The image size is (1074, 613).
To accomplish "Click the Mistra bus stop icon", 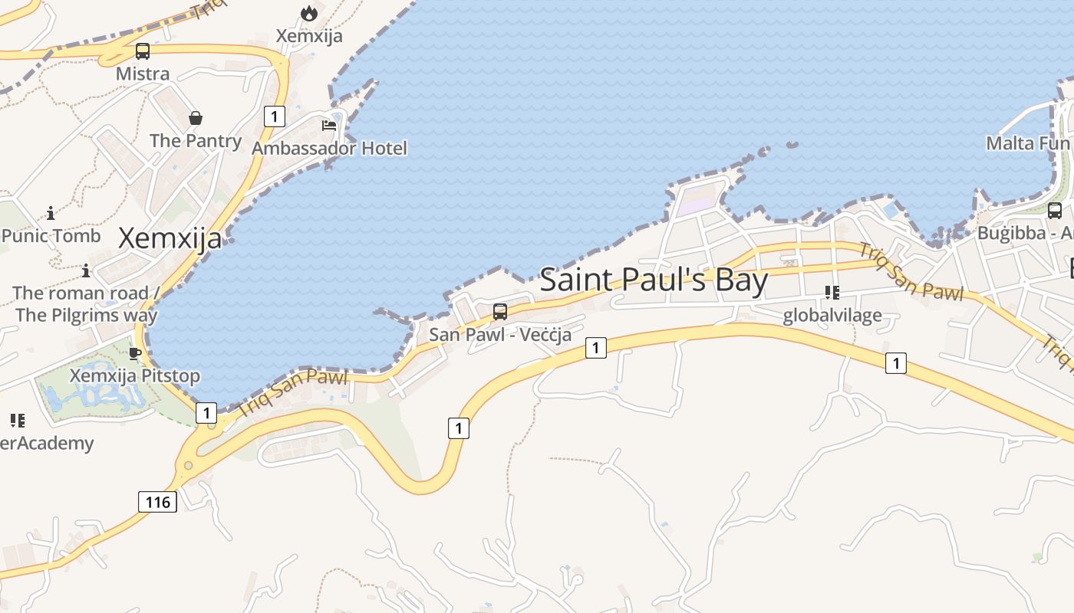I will [x=143, y=51].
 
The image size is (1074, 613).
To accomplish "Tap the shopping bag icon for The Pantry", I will [x=196, y=118].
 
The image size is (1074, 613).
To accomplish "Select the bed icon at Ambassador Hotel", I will [x=329, y=126].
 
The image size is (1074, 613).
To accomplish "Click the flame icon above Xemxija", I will [x=309, y=13].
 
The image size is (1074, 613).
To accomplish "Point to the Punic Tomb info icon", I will [x=51, y=213].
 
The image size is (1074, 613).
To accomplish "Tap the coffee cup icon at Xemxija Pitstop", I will [x=135, y=353].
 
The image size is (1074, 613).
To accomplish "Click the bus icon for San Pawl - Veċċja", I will [x=500, y=311].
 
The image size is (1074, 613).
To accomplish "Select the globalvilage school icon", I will [x=832, y=293].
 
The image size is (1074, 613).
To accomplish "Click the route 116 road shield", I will [x=158, y=502].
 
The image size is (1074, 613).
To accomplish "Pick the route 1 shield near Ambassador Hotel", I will [x=274, y=116].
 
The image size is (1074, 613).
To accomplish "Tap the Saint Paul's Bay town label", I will [x=654, y=280].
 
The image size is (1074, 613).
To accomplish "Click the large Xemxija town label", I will [x=170, y=238].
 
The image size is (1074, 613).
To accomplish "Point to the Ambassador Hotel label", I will [x=330, y=148].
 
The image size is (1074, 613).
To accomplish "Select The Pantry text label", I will [x=196, y=141].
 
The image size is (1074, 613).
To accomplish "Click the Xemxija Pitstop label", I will [x=135, y=376].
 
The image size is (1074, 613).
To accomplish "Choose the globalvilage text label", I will [x=832, y=316].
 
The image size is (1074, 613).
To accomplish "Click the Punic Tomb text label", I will [x=51, y=236].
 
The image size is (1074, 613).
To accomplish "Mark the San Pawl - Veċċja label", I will [x=500, y=335].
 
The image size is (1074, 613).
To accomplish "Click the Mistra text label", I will [x=143, y=74].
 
